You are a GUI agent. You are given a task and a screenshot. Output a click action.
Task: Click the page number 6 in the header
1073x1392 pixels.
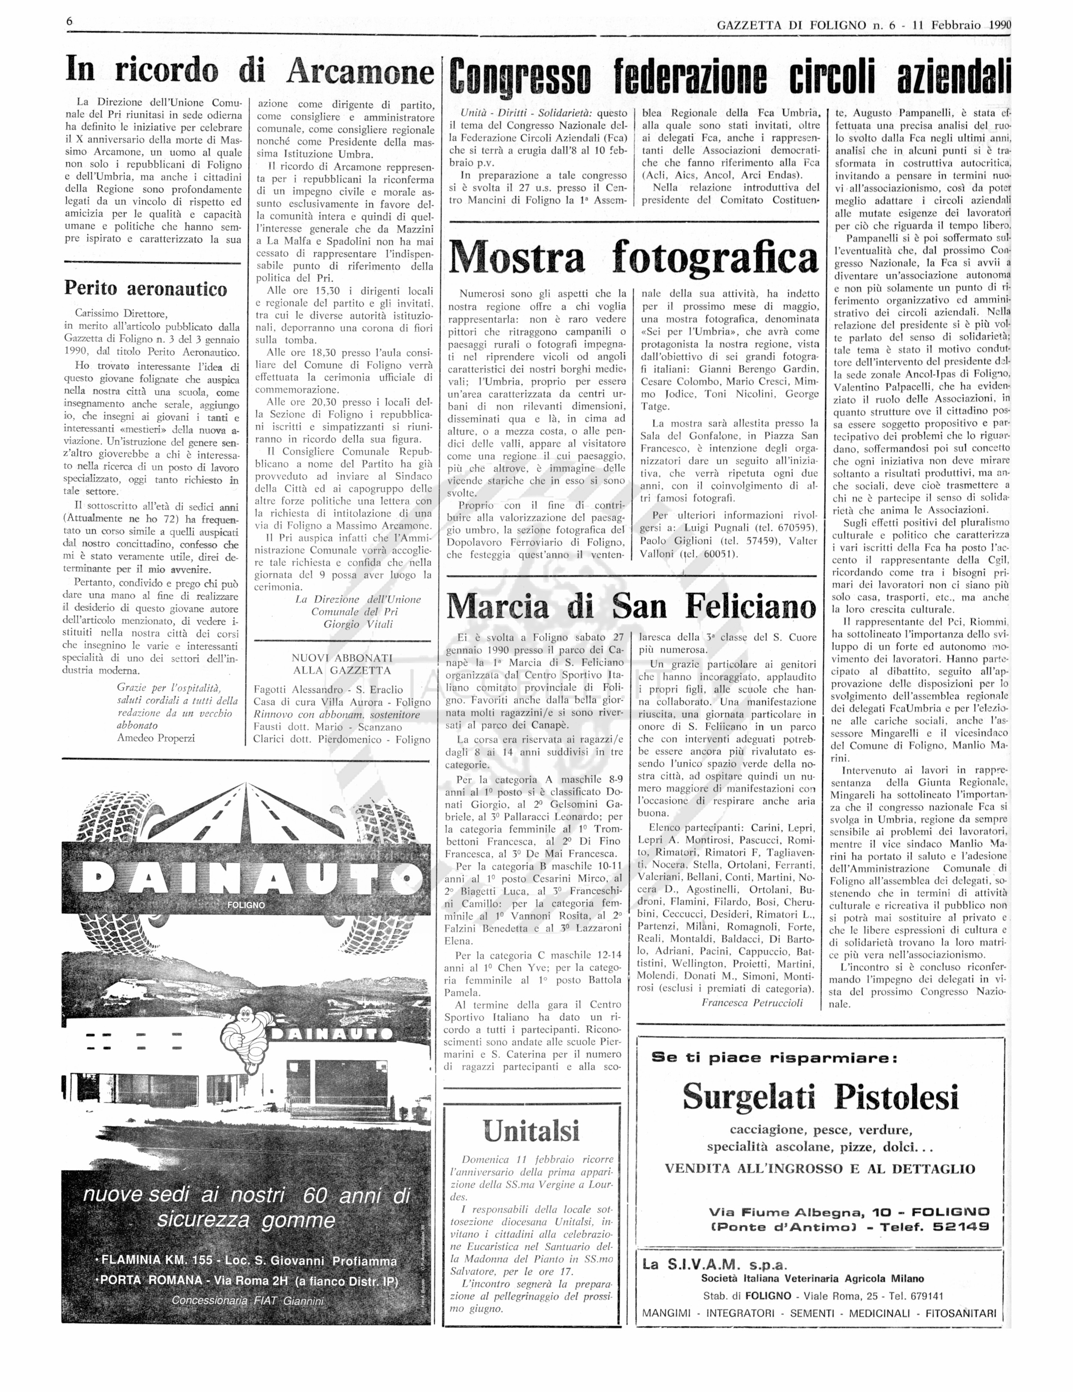(70, 22)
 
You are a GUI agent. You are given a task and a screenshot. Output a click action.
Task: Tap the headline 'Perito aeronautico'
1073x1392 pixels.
(145, 289)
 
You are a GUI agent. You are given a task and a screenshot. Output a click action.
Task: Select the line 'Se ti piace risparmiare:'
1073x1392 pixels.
(775, 1058)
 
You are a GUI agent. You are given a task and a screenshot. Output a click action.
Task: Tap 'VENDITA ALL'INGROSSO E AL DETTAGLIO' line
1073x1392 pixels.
(820, 1169)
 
